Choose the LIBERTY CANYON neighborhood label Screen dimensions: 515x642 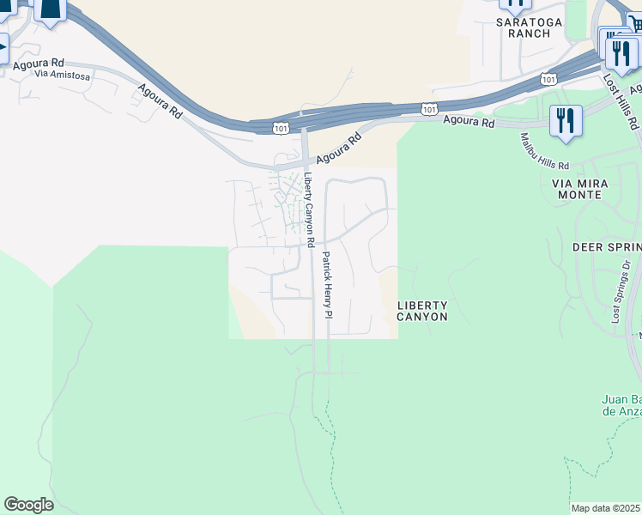click(422, 311)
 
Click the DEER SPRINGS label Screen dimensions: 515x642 click(607, 247)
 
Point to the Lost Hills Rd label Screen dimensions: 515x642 click(621, 101)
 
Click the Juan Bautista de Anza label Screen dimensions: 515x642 click(620, 405)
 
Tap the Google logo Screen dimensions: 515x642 click(28, 505)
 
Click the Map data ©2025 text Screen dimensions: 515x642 click(606, 508)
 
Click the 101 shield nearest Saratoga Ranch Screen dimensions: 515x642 click(548, 79)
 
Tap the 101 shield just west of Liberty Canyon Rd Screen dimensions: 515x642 click(280, 128)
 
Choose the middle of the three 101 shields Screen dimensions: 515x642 click(428, 109)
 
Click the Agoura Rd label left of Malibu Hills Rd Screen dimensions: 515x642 click(469, 123)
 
